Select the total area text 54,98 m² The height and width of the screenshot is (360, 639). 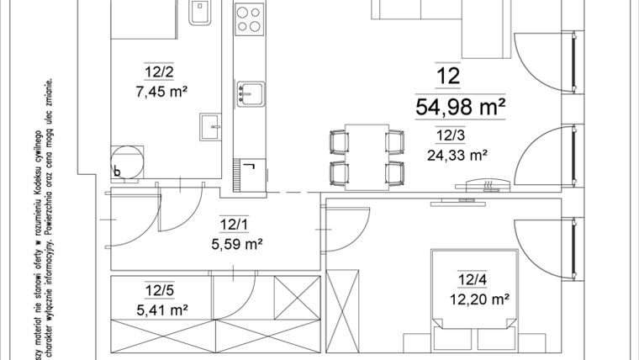pyautogui.click(x=460, y=107)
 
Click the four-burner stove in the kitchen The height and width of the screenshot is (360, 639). pyautogui.click(x=249, y=19)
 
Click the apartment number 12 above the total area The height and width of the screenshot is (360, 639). pyautogui.click(x=448, y=77)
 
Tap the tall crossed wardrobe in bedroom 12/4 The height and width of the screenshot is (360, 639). pyautogui.click(x=342, y=312)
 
